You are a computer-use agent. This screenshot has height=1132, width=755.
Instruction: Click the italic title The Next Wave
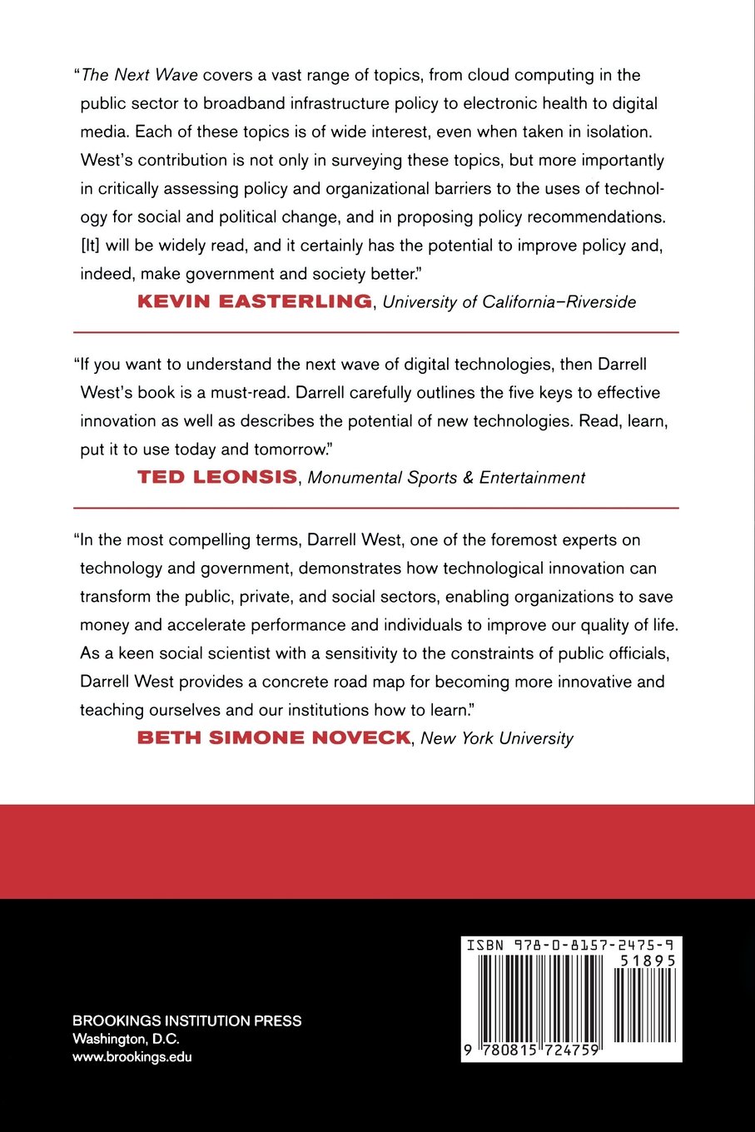(x=139, y=75)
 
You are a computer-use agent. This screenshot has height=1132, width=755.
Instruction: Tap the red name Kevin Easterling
(x=255, y=301)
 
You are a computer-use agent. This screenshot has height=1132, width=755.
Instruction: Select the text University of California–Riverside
(x=509, y=302)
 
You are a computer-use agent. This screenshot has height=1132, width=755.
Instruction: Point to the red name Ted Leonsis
(x=217, y=477)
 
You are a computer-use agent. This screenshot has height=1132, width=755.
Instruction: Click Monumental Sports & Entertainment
(x=446, y=478)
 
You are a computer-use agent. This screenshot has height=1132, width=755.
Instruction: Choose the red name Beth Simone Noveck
(x=274, y=737)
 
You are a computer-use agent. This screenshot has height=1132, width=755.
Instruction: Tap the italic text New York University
(x=497, y=738)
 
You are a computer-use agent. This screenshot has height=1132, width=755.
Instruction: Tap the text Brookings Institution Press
(x=187, y=1021)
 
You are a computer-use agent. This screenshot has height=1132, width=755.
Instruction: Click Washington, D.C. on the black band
(x=126, y=1039)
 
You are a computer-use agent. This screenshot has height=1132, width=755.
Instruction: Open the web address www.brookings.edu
(x=132, y=1057)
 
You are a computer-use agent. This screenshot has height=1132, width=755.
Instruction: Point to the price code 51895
(x=648, y=960)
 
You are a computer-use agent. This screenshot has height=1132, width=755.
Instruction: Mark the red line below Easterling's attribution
(x=376, y=332)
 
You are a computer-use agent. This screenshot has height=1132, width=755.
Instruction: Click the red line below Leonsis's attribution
(x=376, y=507)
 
